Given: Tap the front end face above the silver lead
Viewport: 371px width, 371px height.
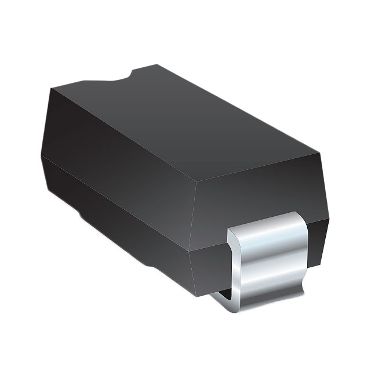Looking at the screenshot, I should point(261,185).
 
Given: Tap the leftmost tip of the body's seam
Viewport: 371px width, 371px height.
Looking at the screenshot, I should point(41,155).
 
